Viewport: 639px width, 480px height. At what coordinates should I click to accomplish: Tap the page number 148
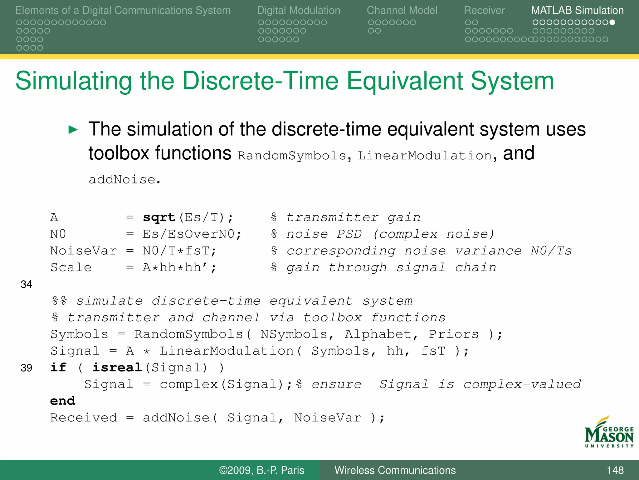pos(615,470)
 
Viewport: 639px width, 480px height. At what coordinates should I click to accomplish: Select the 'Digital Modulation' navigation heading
pos(298,10)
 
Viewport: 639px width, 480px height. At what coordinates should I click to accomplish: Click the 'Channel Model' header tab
pos(402,10)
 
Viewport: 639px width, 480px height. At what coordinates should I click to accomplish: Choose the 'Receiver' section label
pos(484,10)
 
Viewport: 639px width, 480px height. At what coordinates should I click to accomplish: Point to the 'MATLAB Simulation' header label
pos(577,10)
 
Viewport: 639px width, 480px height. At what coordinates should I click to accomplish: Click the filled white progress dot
pos(612,22)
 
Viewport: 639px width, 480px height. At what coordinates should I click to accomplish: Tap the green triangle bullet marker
pos(73,129)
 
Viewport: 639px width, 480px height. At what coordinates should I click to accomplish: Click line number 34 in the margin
pos(27,284)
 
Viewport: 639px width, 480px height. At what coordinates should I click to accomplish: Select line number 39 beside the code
pos(27,368)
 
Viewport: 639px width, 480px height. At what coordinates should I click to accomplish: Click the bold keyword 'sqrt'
pos(159,217)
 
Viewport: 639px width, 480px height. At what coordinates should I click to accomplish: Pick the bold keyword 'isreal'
pos(117,367)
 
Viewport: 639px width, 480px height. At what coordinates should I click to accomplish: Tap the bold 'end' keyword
pos(63,401)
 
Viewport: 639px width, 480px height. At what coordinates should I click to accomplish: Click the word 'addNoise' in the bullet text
pos(122,180)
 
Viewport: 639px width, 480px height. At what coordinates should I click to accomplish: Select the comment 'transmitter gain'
pos(353,217)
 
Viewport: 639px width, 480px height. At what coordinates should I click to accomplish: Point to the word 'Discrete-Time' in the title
pos(260,81)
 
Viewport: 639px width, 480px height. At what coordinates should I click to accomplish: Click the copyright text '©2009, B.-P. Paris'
pos(261,470)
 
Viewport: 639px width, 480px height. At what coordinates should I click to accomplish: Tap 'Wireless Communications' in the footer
pos(395,470)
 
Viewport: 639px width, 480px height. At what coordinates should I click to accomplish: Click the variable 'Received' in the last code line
pos(84,418)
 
